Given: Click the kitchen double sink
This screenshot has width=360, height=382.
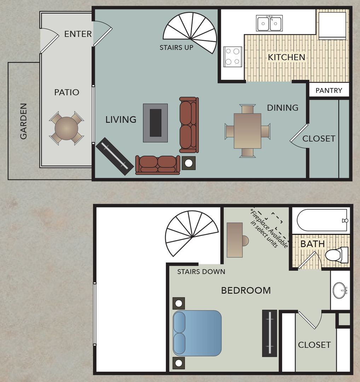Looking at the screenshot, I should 269,24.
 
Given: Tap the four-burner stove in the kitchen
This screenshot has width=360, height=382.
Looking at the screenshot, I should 233,56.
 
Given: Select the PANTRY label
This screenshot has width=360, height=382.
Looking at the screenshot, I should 329,91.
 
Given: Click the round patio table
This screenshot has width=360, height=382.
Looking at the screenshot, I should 66,128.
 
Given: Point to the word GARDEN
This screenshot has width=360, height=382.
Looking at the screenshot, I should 23,121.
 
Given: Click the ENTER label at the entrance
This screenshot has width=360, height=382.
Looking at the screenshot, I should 78,34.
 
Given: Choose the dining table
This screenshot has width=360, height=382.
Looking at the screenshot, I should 248,131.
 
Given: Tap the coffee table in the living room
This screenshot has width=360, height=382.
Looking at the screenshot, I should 155,123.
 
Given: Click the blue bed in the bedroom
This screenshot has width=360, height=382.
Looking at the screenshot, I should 197,333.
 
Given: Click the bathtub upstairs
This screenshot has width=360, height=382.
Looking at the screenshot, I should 322,220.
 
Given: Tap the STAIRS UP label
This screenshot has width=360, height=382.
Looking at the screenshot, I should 176,47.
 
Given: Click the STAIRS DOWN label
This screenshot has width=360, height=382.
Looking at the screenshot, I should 201,272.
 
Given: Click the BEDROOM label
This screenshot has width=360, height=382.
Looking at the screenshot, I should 246,290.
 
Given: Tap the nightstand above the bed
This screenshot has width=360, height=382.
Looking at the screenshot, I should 179,303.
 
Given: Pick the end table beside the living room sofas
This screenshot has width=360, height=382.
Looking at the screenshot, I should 188,163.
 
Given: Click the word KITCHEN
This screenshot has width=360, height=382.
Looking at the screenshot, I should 286,57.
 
